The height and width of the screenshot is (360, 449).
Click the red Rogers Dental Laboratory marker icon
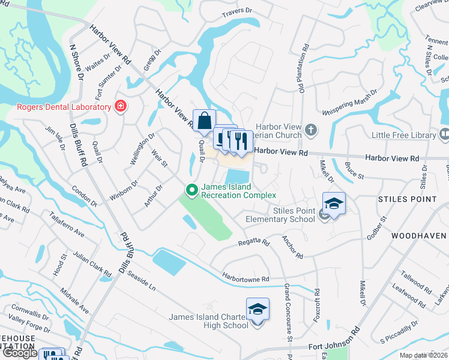(121, 107)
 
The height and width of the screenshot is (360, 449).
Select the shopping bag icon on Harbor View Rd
(204, 119)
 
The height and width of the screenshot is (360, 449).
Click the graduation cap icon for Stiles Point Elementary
(334, 203)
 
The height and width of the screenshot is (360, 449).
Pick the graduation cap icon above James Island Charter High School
(258, 309)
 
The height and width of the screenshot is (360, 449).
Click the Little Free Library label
(403, 135)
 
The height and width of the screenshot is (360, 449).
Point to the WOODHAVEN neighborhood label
(420, 236)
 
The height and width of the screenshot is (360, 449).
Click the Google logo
(20, 353)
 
